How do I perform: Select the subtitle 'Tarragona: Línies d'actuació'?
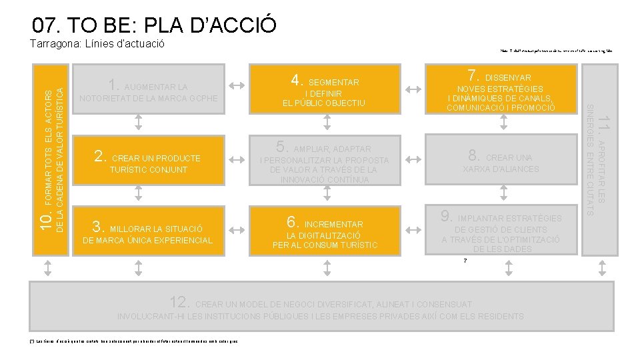(97, 45)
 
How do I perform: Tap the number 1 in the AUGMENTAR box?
(113, 85)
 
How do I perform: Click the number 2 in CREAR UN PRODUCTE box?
(101, 157)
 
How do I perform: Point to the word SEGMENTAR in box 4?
(334, 82)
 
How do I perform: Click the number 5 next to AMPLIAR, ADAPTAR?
(282, 147)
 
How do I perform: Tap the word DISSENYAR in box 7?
(508, 78)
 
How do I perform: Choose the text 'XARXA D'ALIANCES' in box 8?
(501, 169)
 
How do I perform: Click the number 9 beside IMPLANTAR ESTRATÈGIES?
(447, 217)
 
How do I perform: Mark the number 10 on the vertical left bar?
(44, 221)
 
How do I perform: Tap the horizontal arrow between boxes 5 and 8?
(413, 159)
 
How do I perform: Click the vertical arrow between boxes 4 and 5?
(327, 121)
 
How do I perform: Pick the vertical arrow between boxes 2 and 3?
(138, 193)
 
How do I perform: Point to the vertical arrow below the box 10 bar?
(48, 267)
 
